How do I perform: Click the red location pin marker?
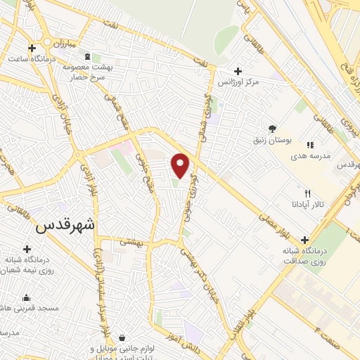[x=181, y=165]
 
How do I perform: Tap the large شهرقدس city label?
[x=64, y=227]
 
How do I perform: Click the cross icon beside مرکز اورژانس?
[x=238, y=71]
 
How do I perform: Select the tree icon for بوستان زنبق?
[x=272, y=127]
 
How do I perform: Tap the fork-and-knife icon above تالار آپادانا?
[x=307, y=193]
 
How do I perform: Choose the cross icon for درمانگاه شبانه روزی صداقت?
[x=304, y=240]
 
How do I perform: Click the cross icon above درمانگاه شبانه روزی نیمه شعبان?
[x=27, y=249]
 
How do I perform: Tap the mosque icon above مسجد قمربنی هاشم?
[x=26, y=297]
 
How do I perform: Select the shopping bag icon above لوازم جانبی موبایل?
[x=122, y=338]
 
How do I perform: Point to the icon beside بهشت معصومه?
[x=86, y=57]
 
